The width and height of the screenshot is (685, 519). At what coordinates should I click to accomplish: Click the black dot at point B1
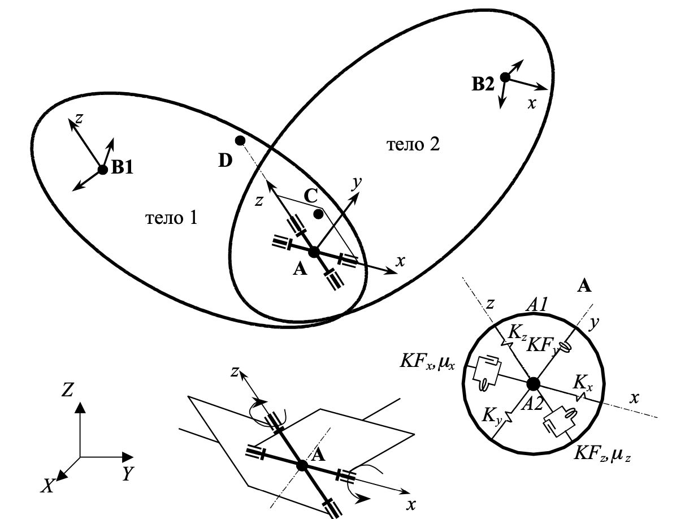tap(102, 169)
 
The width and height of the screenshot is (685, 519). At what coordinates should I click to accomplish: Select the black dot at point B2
tap(505, 77)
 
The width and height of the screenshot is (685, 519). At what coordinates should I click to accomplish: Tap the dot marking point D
tap(240, 140)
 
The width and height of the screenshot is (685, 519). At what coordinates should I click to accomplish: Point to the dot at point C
tap(319, 214)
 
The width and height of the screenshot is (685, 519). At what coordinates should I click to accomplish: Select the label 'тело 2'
tap(413, 145)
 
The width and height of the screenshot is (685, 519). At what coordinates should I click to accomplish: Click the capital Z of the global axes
tap(68, 390)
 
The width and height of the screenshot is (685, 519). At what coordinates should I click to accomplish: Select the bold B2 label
tap(483, 86)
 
